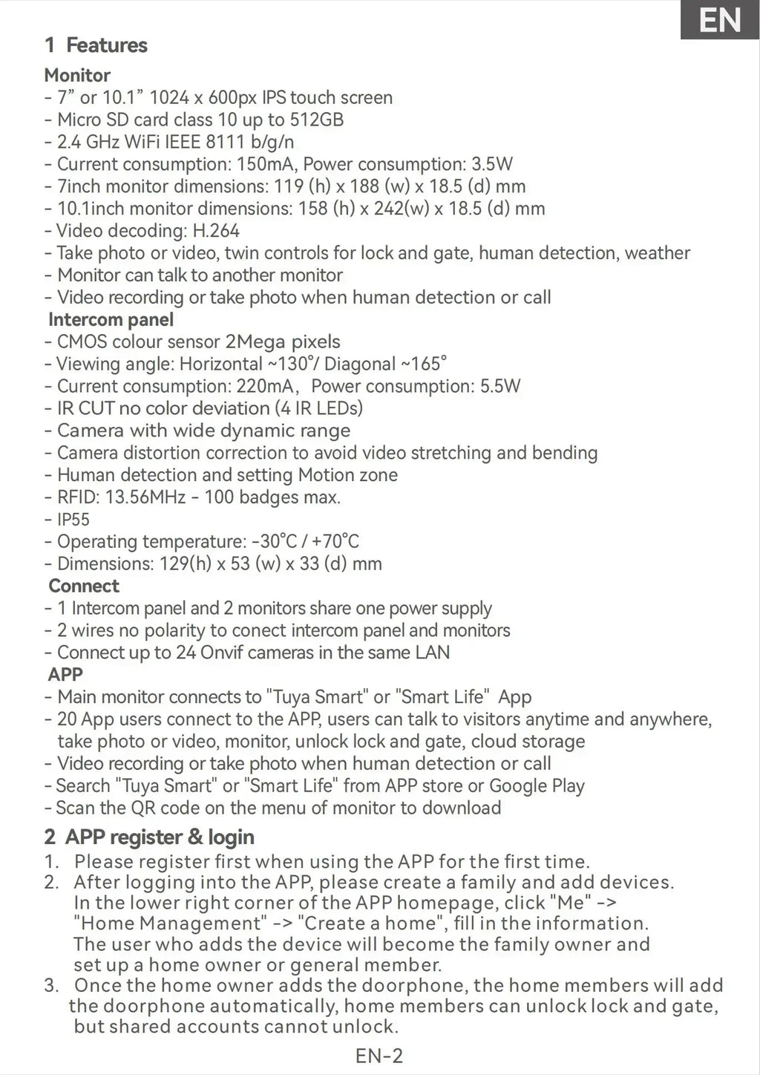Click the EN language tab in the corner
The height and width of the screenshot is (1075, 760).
[720, 20]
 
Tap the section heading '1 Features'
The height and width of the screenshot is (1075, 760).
[96, 45]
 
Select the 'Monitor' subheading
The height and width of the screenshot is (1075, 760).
[77, 75]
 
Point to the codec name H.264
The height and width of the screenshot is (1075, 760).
[215, 231]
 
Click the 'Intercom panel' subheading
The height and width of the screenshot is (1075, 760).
[111, 320]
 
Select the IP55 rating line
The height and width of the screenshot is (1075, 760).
[73, 520]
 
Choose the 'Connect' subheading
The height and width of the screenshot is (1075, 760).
[83, 586]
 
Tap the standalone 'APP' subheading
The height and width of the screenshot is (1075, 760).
[65, 675]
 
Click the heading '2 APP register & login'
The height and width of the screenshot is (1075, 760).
[149, 837]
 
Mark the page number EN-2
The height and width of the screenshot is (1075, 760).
[379, 1056]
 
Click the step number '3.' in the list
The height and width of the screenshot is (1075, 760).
[51, 986]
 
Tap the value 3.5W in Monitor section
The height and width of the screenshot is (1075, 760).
[492, 164]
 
